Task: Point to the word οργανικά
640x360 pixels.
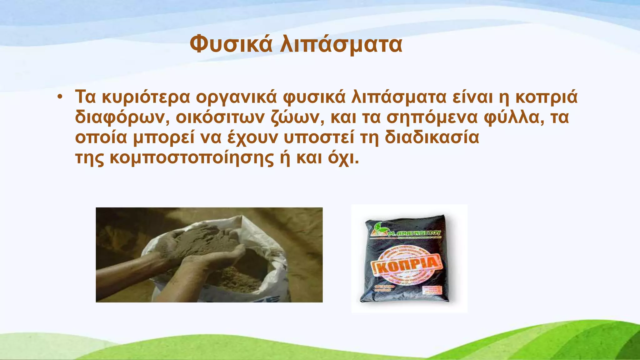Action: tap(237, 97)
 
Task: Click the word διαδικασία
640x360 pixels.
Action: tap(432, 137)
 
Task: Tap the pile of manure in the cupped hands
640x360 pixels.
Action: tap(200, 241)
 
